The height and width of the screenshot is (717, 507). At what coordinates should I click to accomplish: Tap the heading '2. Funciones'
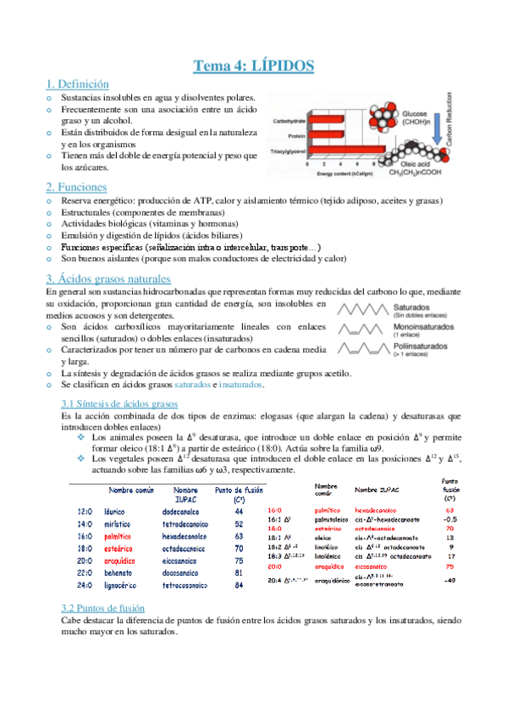coord(75,186)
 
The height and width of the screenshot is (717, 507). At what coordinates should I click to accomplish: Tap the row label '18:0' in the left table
coord(85,548)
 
